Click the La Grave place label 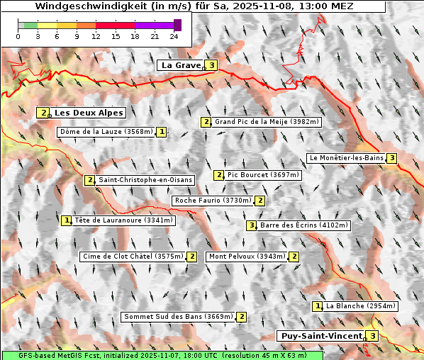[x=182, y=65]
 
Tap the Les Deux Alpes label [x=89, y=113]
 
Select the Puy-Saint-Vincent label [x=323, y=336]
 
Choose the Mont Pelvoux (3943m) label [x=246, y=257]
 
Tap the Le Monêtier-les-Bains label [x=346, y=157]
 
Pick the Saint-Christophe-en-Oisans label [x=145, y=180]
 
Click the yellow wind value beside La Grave [x=211, y=65]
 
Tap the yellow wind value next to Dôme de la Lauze [x=162, y=132]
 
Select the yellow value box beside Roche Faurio [x=260, y=201]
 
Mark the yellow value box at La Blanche [x=317, y=306]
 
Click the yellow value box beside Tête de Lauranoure [x=67, y=220]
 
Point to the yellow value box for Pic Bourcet [x=219, y=175]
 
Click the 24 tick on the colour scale [x=174, y=36]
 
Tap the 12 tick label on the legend [x=95, y=36]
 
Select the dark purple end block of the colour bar [x=177, y=25]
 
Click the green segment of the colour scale [x=30, y=25]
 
